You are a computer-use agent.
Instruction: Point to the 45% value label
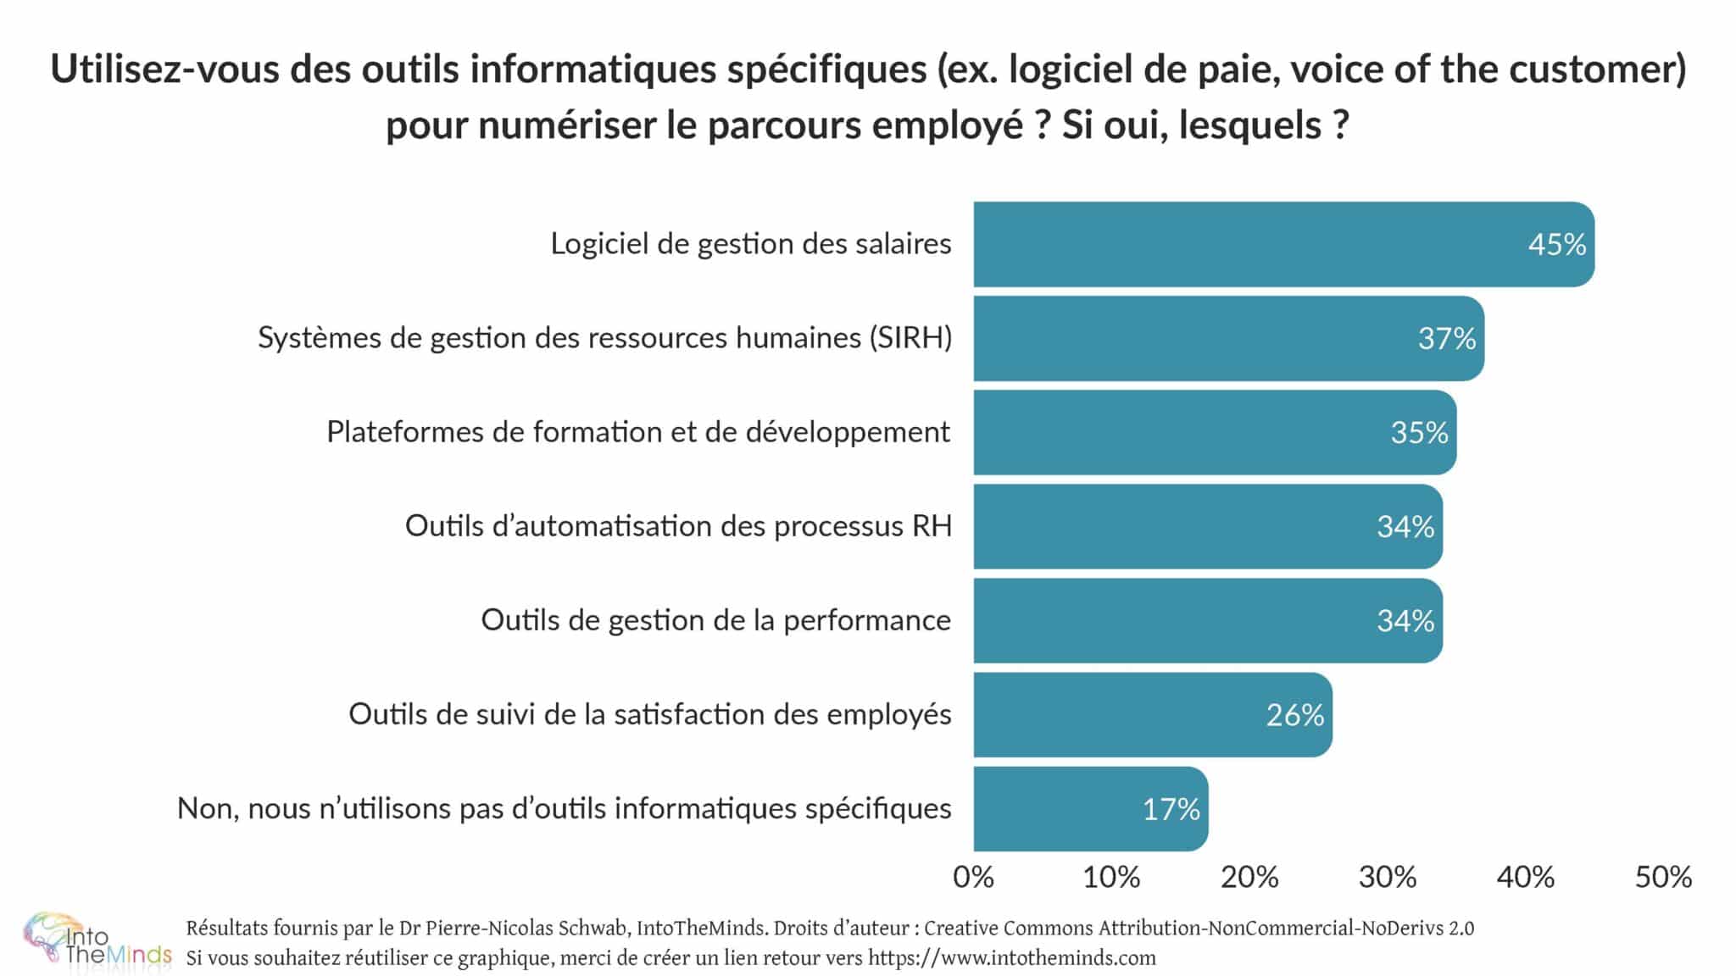(1556, 245)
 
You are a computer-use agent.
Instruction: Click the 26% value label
(1294, 715)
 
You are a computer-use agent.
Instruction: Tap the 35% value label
(1419, 433)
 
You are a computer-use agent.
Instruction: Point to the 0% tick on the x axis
(973, 877)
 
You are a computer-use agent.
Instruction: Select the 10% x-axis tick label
(1111, 877)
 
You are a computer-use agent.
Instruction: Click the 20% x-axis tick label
(1249, 877)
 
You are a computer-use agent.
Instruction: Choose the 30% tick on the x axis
(1388, 877)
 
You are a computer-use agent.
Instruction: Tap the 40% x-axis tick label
(1526, 877)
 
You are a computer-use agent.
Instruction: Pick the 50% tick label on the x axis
(1663, 877)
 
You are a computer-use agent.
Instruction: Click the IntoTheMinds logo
(95, 940)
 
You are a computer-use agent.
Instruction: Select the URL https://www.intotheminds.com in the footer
(1012, 958)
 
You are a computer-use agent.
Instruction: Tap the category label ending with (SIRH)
(604, 338)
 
